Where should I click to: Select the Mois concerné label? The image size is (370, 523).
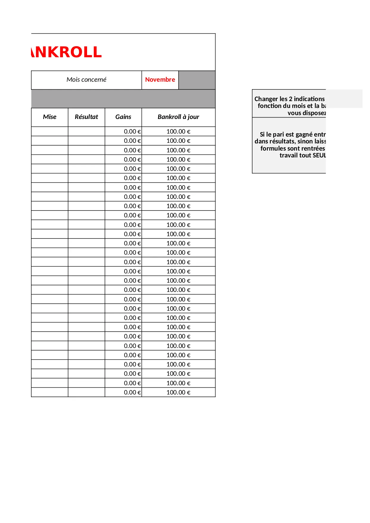coord(86,80)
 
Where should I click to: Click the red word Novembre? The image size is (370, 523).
coord(160,80)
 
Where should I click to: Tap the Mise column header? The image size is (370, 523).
coord(49,117)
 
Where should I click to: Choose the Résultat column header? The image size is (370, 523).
coord(86,117)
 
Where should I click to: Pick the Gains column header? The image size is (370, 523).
coord(123,117)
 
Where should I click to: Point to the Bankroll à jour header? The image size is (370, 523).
coord(178,117)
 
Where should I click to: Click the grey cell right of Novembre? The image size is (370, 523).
coord(197,80)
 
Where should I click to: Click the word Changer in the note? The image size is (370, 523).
coord(266,99)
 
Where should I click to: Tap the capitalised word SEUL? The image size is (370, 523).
coord(319,155)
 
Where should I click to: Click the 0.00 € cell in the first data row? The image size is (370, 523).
coord(132,131)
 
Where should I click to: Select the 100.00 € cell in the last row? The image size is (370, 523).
coord(178,392)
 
